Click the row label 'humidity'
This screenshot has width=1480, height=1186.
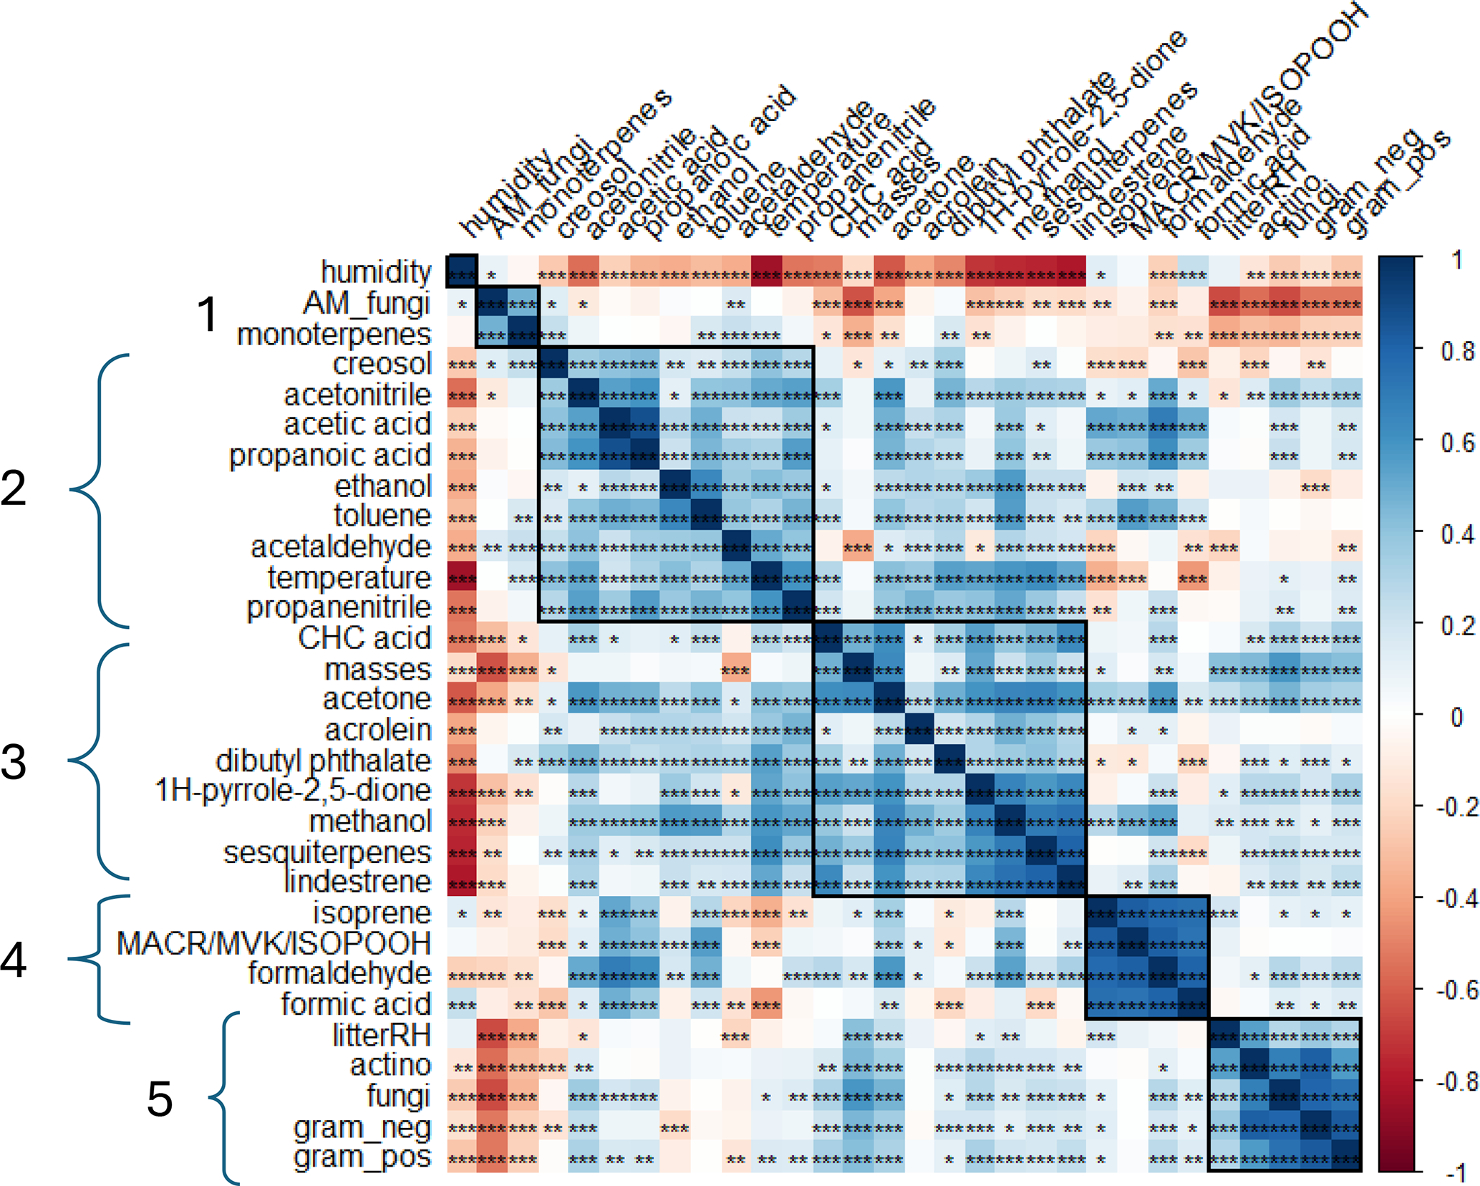click(x=376, y=272)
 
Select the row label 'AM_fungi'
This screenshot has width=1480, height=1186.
click(x=367, y=303)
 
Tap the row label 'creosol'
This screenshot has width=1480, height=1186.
click(x=382, y=364)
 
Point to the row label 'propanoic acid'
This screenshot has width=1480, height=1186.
click(x=330, y=455)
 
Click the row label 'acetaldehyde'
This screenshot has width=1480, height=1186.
click(x=341, y=547)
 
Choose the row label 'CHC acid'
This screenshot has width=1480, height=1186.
click(x=364, y=638)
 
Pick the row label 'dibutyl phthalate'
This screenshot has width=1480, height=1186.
click(x=323, y=761)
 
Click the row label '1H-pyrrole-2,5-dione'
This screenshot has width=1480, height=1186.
click(x=293, y=791)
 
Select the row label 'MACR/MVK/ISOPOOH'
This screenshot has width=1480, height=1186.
click(x=274, y=944)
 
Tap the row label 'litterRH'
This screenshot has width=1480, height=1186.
click(x=382, y=1035)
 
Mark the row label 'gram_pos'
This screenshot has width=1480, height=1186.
click(x=362, y=1157)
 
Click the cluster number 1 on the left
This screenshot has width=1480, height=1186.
click(x=208, y=314)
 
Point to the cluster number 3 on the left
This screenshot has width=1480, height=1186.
click(x=14, y=762)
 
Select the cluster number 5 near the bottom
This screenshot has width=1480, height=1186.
click(x=160, y=1099)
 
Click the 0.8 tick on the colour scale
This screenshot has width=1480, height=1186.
click(x=1456, y=351)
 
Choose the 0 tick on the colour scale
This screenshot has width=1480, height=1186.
click(x=1456, y=715)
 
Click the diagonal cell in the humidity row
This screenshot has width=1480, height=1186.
click(x=462, y=272)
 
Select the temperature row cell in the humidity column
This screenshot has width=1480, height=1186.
click(x=462, y=577)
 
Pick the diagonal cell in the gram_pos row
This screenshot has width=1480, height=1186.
click(x=1346, y=1157)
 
